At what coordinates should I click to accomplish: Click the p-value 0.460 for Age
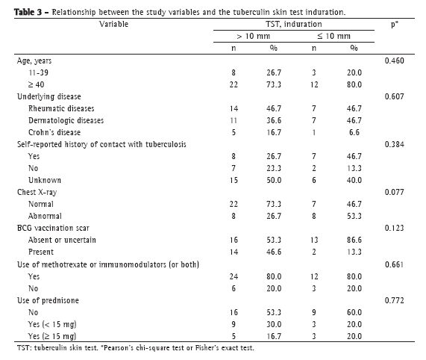[x=394, y=60]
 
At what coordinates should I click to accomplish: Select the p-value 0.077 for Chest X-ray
[x=394, y=192]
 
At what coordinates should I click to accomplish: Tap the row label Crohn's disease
[x=54, y=132]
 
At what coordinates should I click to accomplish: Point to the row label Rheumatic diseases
[x=61, y=108]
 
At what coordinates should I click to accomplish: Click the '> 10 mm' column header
[x=253, y=36]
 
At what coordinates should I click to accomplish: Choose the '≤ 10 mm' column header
[x=334, y=36]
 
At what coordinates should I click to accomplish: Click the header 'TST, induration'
[x=294, y=24]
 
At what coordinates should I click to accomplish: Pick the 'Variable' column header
[x=113, y=24]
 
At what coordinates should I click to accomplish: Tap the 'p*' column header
[x=395, y=25]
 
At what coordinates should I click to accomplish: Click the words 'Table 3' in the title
[x=28, y=12]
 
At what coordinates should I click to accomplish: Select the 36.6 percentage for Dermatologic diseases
[x=274, y=120]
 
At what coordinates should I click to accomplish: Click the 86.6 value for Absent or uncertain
[x=354, y=240]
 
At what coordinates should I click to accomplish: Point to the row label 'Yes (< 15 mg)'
[x=52, y=324]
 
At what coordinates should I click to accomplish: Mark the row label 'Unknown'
[x=45, y=180]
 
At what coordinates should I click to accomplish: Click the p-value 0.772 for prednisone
[x=394, y=300]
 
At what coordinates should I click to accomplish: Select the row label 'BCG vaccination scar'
[x=53, y=228]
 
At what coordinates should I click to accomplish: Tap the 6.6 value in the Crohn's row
[x=354, y=132]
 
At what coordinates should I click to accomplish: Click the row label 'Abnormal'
[x=45, y=216]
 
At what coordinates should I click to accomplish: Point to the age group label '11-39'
[x=38, y=72]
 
